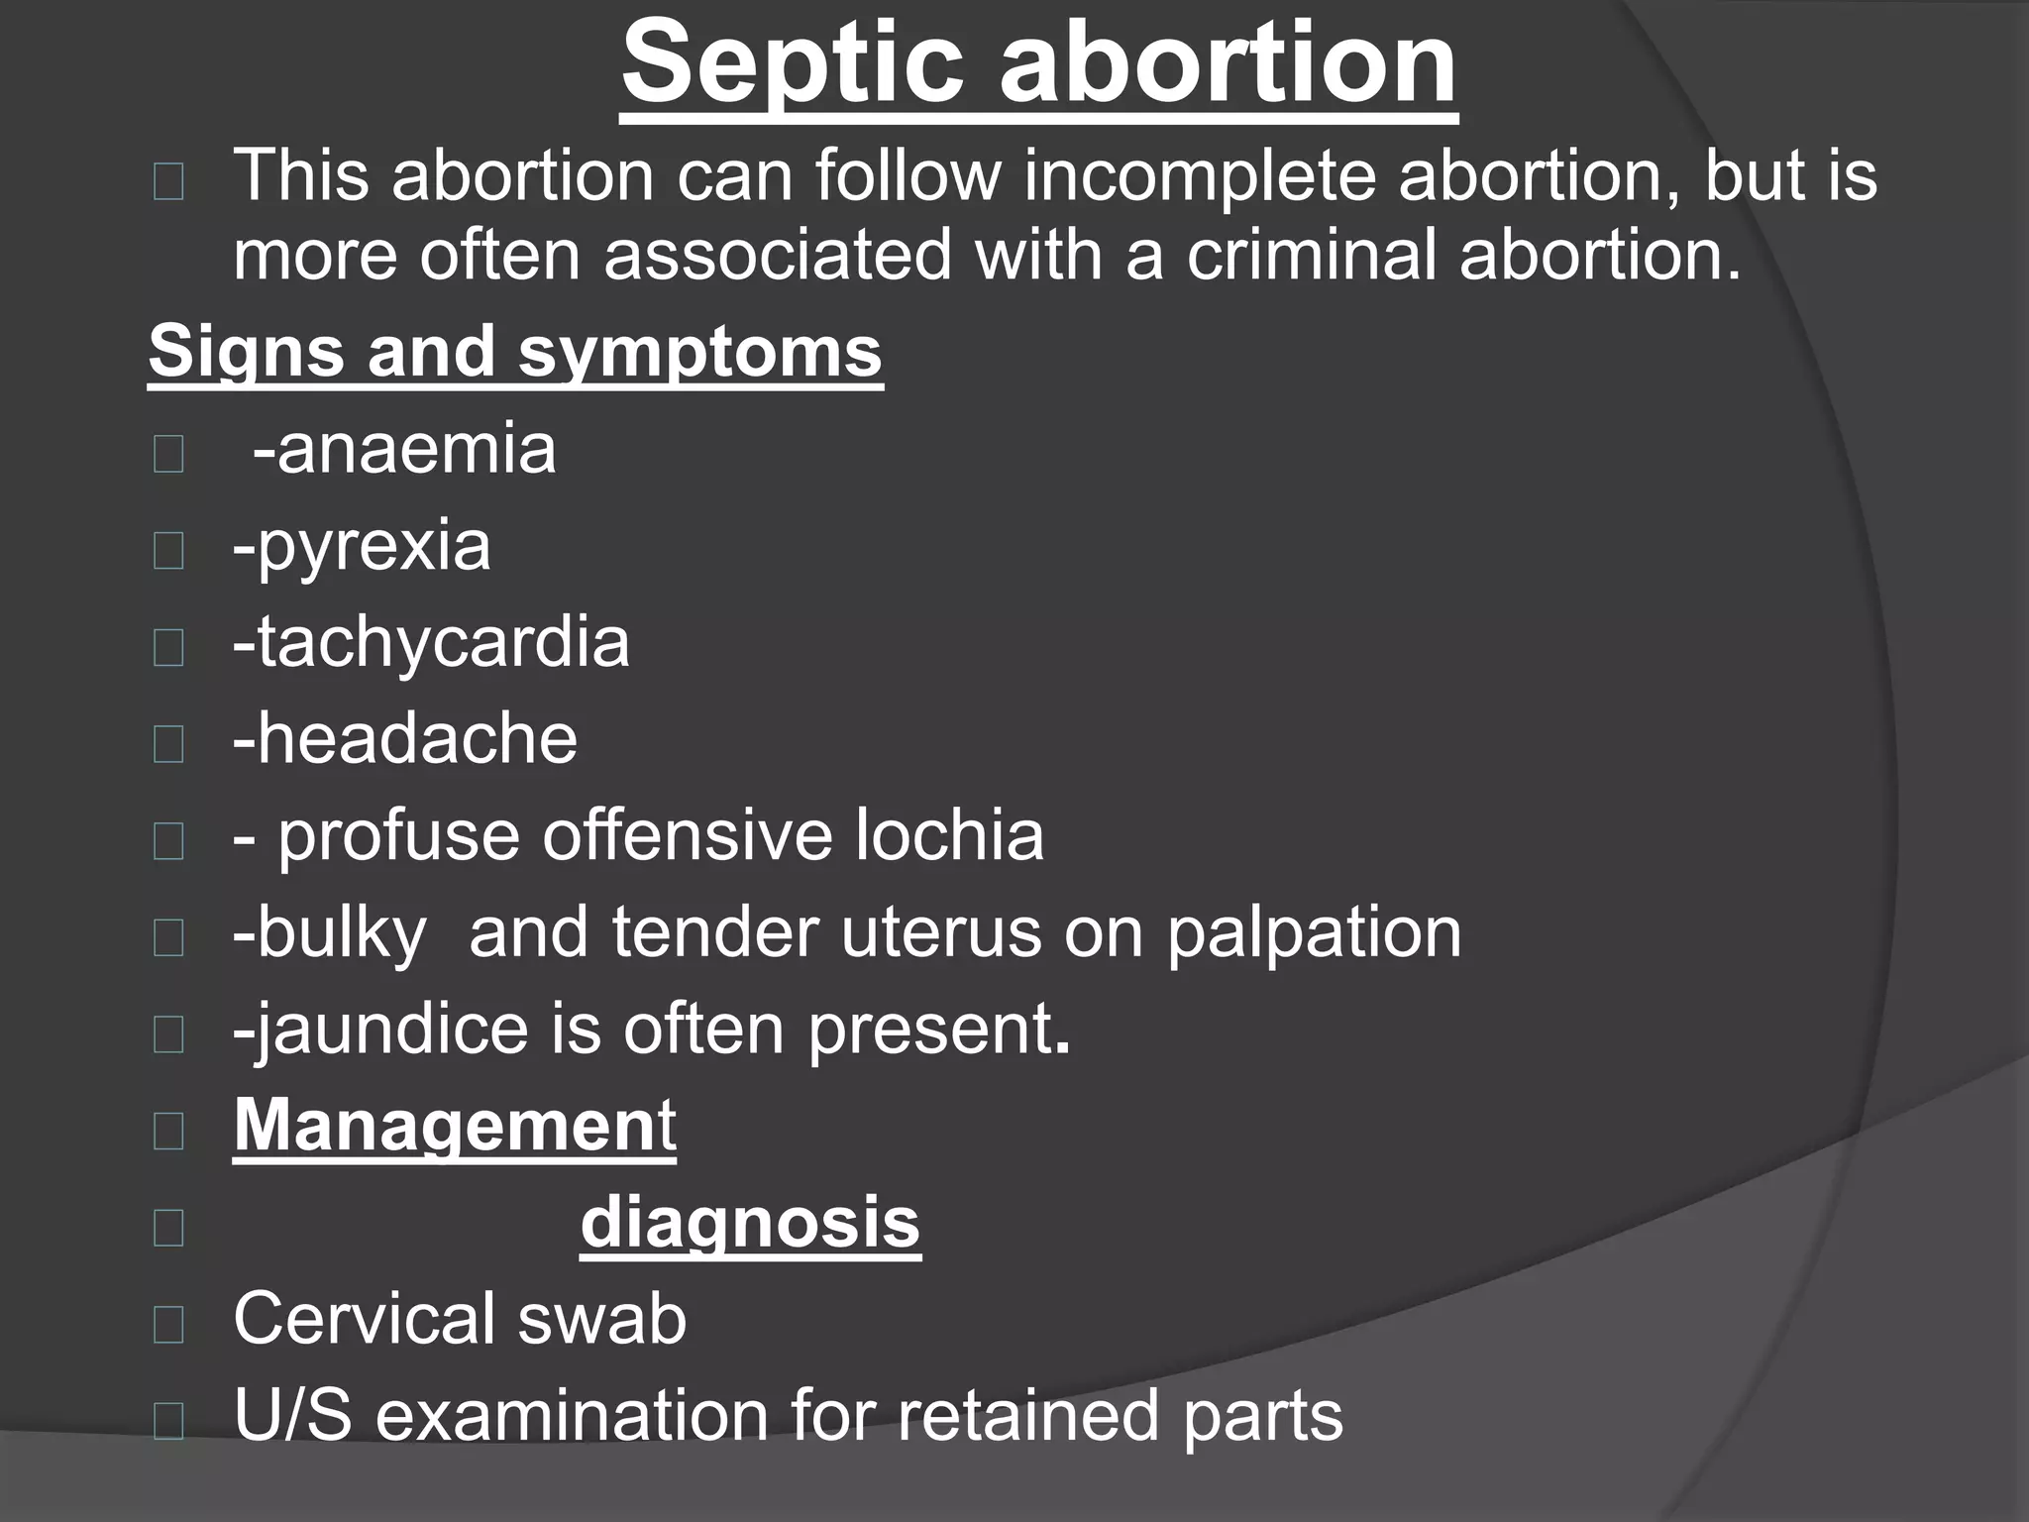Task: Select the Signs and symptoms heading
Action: coord(515,352)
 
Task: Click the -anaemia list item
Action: coord(404,449)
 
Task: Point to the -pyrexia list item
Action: coord(362,546)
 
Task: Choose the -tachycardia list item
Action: coord(431,642)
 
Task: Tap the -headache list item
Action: coord(405,739)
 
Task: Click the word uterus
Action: coord(941,932)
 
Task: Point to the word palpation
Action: coord(1313,934)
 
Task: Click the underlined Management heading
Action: coord(455,1126)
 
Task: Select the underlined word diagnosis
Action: coord(750,1223)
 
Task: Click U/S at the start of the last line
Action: coord(292,1415)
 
